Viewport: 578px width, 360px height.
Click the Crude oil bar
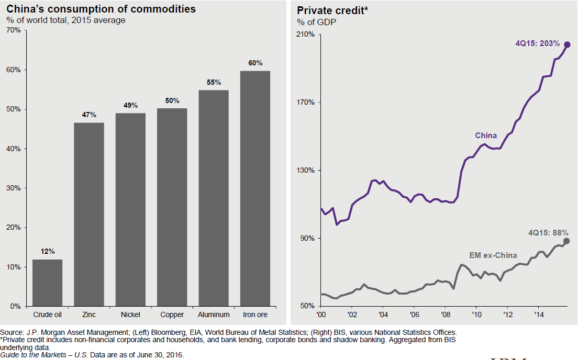[x=47, y=283]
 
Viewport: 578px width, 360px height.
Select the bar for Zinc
[x=89, y=215]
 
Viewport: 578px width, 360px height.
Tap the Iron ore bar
[x=255, y=188]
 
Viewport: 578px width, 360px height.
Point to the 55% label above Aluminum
[x=214, y=83]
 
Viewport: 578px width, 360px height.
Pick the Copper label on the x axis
[x=172, y=314]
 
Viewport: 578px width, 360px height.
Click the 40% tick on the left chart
[x=13, y=149]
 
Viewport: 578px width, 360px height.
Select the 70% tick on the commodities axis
[x=13, y=30]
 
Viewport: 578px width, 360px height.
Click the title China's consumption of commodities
[x=94, y=9]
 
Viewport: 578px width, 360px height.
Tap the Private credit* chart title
[x=326, y=10]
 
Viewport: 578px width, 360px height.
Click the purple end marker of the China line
[x=567, y=44]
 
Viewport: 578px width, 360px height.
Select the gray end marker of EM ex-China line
[x=566, y=241]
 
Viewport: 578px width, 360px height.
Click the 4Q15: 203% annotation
[x=538, y=43]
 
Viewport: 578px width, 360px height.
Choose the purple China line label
[x=486, y=136]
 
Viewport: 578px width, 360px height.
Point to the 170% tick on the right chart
[x=306, y=102]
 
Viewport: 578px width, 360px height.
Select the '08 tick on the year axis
[x=446, y=314]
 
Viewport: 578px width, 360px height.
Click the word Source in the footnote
[x=12, y=332]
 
